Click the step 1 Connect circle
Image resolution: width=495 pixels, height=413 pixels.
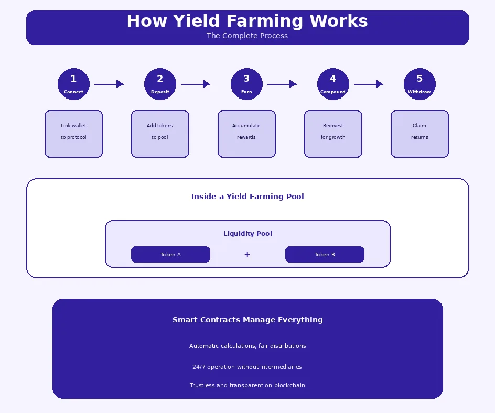tap(73, 84)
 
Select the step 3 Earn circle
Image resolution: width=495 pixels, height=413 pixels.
tap(246, 84)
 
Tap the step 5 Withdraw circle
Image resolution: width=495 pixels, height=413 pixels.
tap(419, 84)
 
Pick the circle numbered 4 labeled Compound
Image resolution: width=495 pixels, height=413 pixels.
tap(333, 84)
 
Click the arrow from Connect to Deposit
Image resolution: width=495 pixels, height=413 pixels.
tap(109, 84)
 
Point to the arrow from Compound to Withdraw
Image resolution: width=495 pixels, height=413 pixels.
tap(368, 84)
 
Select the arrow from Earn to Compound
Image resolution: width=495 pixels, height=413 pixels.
tap(282, 84)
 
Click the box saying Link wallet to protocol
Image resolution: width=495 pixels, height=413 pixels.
tap(73, 134)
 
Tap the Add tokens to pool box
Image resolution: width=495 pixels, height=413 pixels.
tap(160, 134)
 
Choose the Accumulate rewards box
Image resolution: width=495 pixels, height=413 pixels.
tap(246, 134)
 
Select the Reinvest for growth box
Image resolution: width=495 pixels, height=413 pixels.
tap(333, 134)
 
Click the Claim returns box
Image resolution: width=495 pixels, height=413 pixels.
tap(419, 134)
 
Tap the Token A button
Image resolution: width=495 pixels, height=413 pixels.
tap(170, 255)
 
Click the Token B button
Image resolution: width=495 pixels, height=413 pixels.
tap(325, 255)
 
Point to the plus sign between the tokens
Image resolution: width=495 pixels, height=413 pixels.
tap(247, 255)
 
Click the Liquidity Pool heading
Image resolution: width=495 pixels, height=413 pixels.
tap(247, 234)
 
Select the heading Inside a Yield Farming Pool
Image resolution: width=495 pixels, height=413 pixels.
tap(247, 197)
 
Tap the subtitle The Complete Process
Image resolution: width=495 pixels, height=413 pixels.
tap(247, 36)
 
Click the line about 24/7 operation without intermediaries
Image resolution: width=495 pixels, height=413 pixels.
tap(247, 367)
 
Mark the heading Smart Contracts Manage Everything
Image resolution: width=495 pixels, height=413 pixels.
tap(247, 320)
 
